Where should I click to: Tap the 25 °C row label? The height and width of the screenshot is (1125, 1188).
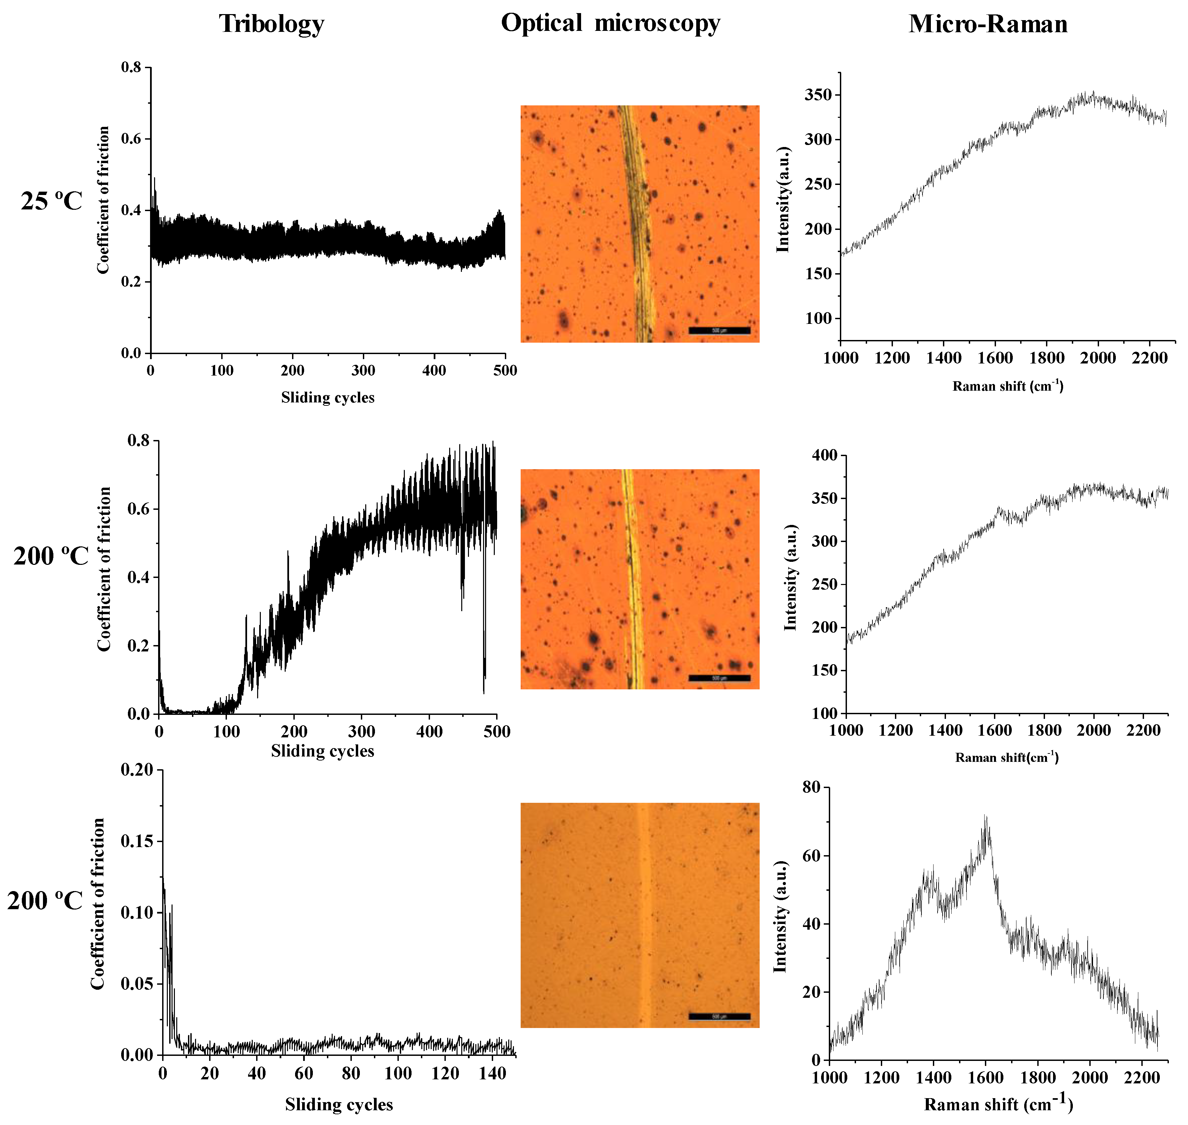[x=52, y=201]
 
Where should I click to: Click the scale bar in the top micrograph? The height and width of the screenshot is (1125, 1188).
[x=719, y=331]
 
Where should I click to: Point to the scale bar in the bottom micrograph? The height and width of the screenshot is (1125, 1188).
[x=719, y=1017]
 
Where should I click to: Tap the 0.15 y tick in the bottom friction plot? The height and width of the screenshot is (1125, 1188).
[x=137, y=841]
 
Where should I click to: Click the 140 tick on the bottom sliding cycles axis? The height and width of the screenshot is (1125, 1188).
[x=492, y=1073]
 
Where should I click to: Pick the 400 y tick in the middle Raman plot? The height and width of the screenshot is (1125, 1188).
[x=825, y=455]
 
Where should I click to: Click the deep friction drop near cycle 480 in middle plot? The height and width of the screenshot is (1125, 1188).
[x=483, y=690]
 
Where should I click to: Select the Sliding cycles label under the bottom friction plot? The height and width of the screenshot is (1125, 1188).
[x=339, y=1105]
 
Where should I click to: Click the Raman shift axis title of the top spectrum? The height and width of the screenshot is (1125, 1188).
[x=1007, y=386]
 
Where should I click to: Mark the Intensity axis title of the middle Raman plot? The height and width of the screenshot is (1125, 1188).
[x=791, y=577]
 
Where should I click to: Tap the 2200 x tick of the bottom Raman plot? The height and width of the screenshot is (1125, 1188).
[x=1141, y=1078]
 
